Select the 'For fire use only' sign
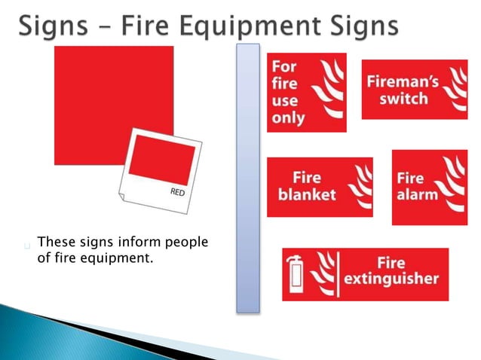(x=306, y=92)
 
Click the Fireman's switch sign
(x=414, y=89)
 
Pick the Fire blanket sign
(x=320, y=186)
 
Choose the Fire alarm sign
(x=429, y=187)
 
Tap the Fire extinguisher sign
(x=365, y=273)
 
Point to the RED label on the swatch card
(x=177, y=193)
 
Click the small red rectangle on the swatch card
(x=162, y=164)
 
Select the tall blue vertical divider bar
(x=247, y=177)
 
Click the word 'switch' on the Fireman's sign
(x=404, y=98)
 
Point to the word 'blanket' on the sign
(x=307, y=194)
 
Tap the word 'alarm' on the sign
(x=417, y=194)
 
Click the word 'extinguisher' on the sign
(x=391, y=279)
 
